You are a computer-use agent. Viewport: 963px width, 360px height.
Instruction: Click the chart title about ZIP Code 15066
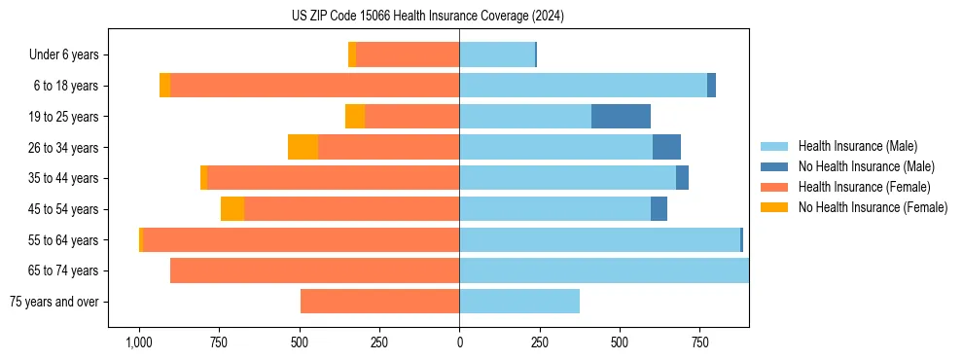(x=428, y=17)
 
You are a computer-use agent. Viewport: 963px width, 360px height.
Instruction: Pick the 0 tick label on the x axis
(x=459, y=342)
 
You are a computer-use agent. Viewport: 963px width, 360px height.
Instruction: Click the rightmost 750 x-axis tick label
(x=699, y=342)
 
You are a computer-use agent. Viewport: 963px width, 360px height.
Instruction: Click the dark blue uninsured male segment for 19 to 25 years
(x=621, y=117)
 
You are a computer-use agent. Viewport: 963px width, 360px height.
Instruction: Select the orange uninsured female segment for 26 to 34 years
(x=303, y=147)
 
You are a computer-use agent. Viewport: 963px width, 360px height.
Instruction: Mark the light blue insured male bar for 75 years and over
(x=519, y=302)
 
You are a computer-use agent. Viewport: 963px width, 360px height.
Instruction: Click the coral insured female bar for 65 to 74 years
(x=314, y=270)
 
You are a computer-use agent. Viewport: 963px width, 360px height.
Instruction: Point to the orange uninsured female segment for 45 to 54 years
(x=232, y=209)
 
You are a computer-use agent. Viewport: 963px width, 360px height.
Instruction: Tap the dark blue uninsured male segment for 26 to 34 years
(x=666, y=147)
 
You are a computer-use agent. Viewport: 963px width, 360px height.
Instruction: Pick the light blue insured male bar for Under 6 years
(x=497, y=54)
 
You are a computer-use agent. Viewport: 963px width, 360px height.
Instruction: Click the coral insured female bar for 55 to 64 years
(x=302, y=240)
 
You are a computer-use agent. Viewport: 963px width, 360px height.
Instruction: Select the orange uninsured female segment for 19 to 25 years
(x=355, y=117)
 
